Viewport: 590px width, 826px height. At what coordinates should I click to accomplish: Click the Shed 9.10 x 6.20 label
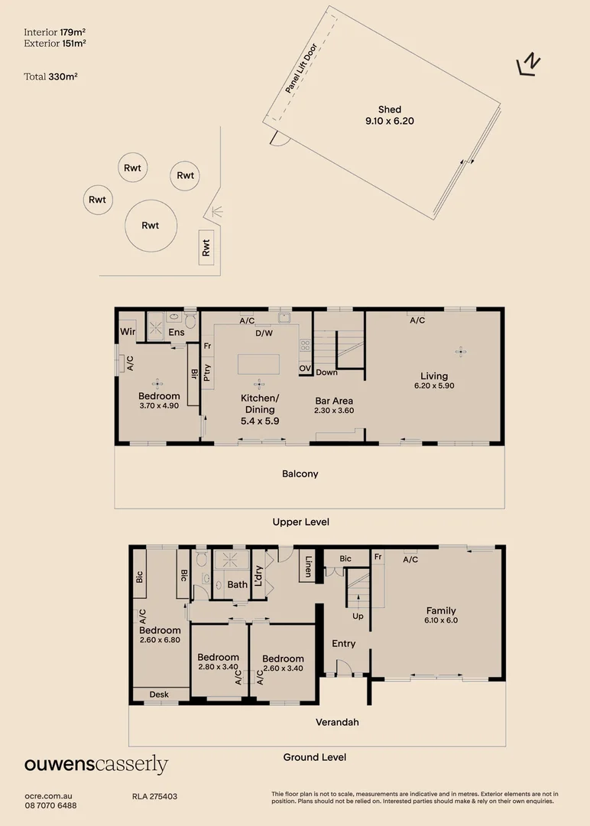click(x=390, y=115)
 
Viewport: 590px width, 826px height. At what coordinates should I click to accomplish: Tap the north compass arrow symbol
click(x=529, y=64)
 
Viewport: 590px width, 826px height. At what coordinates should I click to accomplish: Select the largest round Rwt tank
click(x=151, y=226)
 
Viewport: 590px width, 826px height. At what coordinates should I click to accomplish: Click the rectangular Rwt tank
click(x=206, y=247)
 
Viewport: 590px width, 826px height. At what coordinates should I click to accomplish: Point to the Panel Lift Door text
click(x=301, y=68)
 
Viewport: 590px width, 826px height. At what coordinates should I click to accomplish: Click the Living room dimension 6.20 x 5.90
click(x=434, y=385)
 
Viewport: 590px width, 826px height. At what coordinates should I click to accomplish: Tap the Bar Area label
click(x=334, y=401)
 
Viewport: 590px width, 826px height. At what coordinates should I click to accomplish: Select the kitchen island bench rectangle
click(x=258, y=364)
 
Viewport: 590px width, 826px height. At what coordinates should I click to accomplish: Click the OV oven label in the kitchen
click(x=305, y=368)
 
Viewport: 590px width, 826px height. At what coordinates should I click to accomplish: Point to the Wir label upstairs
click(x=128, y=331)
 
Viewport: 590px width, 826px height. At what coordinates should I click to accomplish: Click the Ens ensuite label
click(x=177, y=333)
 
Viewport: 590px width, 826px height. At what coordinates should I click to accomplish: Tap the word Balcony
click(x=300, y=473)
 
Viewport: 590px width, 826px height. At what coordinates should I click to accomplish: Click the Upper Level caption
click(x=301, y=522)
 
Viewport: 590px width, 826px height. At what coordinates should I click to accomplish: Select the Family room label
click(x=441, y=610)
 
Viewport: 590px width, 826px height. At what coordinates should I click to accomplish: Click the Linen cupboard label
click(x=309, y=566)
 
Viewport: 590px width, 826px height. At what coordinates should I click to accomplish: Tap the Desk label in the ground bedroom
click(x=159, y=694)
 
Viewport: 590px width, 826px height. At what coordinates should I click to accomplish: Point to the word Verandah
click(x=337, y=722)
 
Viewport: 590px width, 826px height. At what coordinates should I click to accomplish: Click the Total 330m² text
click(x=50, y=76)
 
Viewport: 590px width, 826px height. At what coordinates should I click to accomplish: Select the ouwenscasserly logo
click(x=96, y=764)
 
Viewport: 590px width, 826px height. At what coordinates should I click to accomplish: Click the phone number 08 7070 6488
click(x=50, y=805)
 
